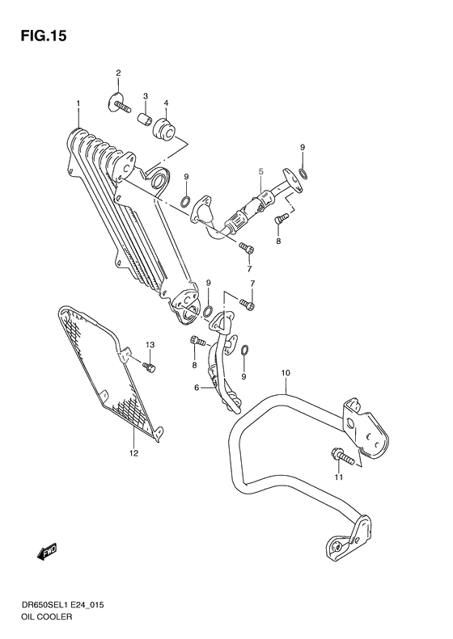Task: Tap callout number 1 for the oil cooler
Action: (x=78, y=103)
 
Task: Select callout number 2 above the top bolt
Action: (x=117, y=74)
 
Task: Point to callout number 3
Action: (x=146, y=97)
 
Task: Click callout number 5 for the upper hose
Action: (x=261, y=171)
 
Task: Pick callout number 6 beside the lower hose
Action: (x=196, y=388)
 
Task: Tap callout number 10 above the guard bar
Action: (x=285, y=372)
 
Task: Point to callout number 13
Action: (x=149, y=346)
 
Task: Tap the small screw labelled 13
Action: (x=150, y=368)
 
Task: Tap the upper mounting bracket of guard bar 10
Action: (x=362, y=429)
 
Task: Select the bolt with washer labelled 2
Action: (x=119, y=103)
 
